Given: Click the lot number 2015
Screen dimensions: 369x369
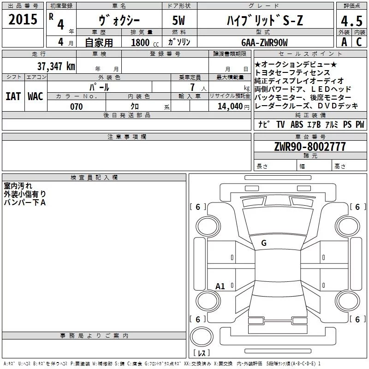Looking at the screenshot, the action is click(23, 19).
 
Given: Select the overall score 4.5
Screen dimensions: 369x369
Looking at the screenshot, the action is click(351, 21).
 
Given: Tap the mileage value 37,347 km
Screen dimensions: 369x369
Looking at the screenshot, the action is click(56, 66).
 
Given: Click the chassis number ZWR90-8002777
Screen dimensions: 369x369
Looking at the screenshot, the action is click(310, 147).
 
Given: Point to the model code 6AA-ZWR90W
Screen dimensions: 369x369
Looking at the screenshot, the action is click(264, 42).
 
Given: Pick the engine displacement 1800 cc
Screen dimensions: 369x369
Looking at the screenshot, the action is click(145, 42).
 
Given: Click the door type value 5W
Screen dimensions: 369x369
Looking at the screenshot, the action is click(179, 20).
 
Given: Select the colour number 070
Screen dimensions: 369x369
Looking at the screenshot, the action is click(77, 107).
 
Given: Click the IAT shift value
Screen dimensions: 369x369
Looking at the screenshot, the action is click(13, 96).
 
